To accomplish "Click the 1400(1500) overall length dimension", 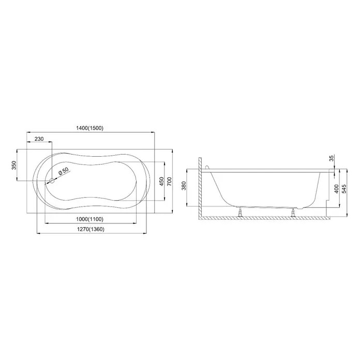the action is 90,128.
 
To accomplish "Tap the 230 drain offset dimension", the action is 39,139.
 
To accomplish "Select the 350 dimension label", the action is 14,166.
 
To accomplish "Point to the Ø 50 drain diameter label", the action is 64,172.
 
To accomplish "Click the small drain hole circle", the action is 52,181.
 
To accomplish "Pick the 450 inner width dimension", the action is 161,182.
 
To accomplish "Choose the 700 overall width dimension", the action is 169,182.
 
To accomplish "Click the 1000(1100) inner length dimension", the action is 90,219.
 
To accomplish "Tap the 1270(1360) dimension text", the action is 91,229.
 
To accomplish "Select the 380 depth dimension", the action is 184,186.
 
